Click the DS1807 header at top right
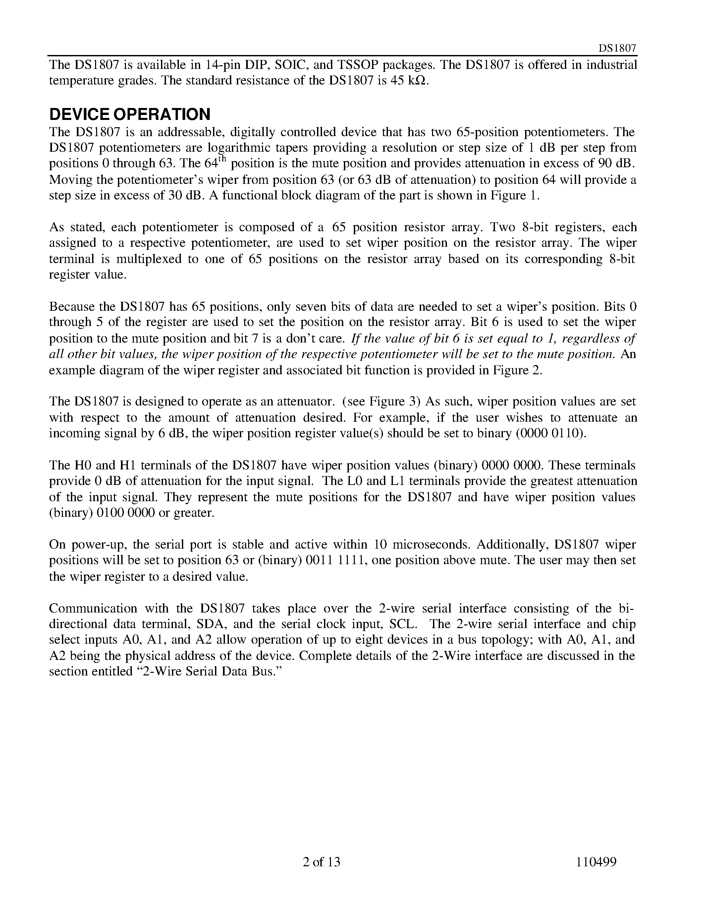click(x=617, y=48)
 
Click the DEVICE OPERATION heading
click(x=130, y=114)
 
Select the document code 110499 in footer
click(x=596, y=862)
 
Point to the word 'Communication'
click(x=93, y=608)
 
